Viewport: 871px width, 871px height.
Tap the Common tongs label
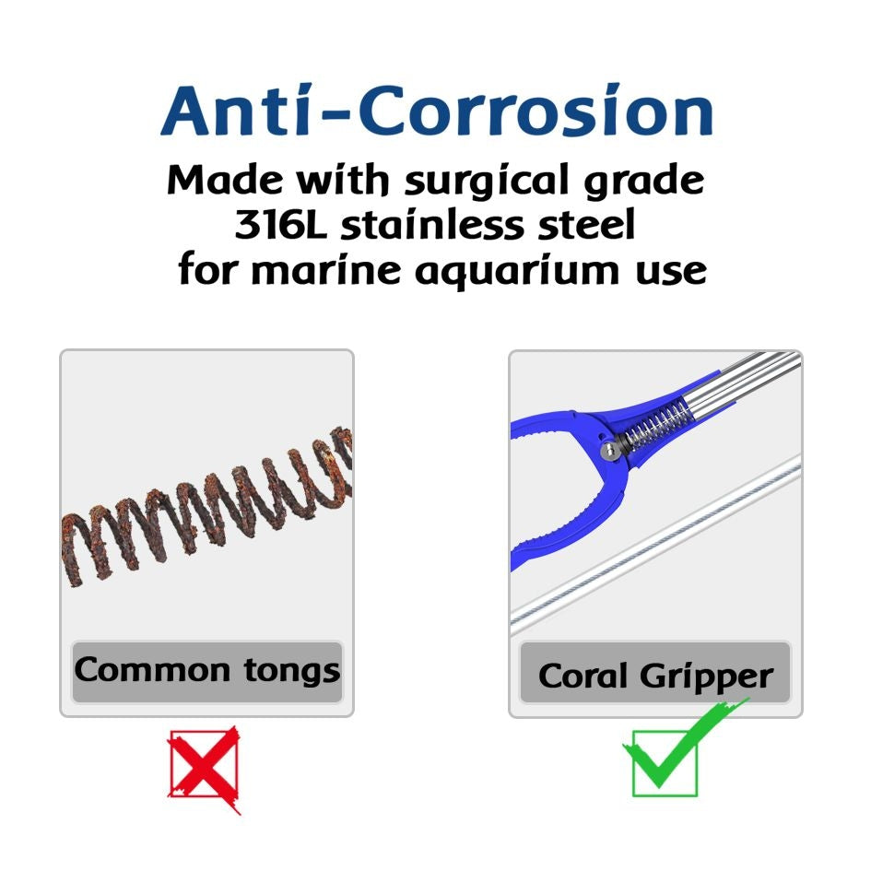coord(207,670)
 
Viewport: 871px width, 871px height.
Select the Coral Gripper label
coord(655,676)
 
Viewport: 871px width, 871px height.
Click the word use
coord(673,271)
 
